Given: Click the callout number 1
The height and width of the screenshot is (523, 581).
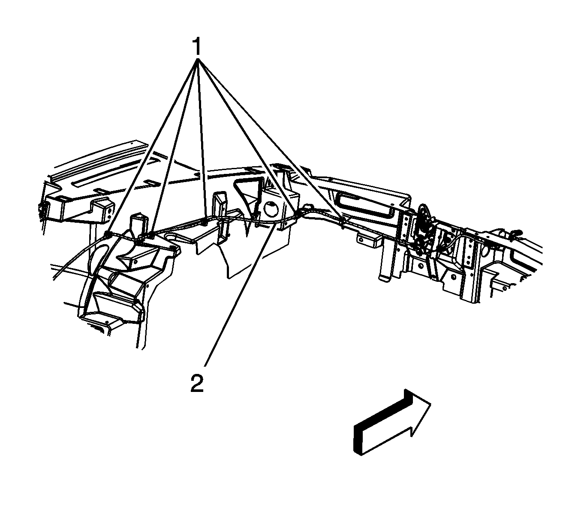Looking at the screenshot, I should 197,47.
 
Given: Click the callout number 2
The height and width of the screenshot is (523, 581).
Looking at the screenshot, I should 197,383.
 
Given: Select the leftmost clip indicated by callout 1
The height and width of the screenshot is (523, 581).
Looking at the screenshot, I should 108,234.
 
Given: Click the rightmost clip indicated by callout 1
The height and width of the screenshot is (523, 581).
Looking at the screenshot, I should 343,221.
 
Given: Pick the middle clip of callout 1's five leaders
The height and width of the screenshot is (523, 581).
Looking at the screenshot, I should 205,221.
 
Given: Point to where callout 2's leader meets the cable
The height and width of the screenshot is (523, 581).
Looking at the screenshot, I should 274,227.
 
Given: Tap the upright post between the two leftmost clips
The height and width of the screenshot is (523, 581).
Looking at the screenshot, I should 137,225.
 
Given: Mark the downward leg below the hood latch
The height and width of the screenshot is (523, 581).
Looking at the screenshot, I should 385,266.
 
